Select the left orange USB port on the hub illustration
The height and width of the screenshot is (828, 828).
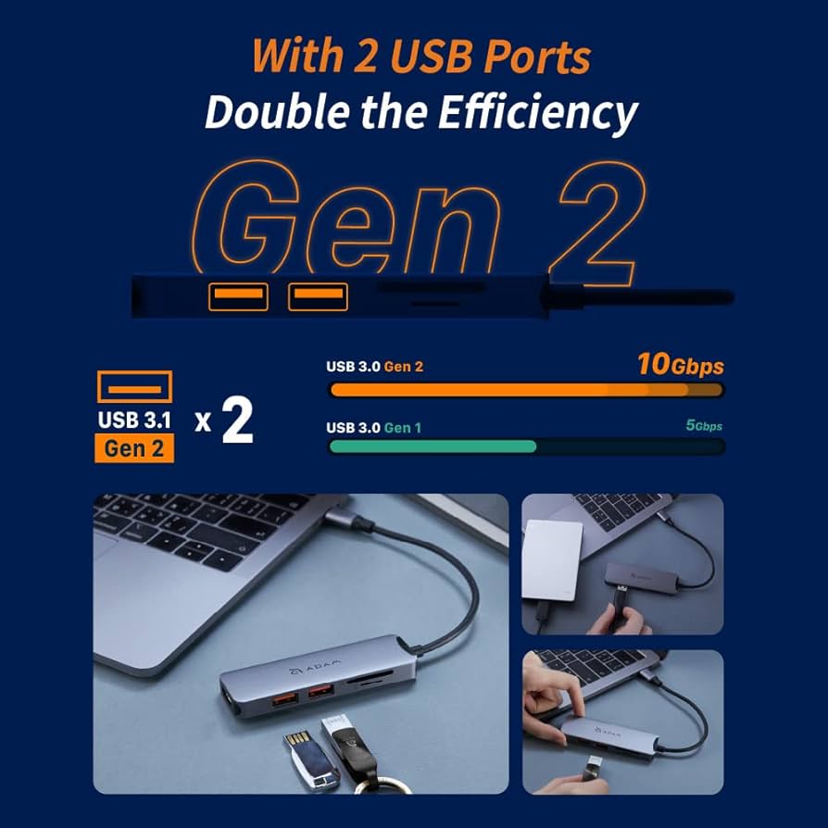point(238,296)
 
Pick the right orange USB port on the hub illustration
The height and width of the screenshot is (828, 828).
point(318,296)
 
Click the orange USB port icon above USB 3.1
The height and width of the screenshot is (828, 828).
point(134,386)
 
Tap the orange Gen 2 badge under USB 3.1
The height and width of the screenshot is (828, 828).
point(134,448)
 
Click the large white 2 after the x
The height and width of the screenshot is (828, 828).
point(237,422)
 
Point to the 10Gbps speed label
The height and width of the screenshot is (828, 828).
point(680,365)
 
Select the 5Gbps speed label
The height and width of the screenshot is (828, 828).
point(703,426)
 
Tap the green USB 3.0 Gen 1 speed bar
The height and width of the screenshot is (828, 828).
point(433,446)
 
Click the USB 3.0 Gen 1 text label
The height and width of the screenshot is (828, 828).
point(373,428)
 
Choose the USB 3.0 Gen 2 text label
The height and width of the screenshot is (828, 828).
point(374,367)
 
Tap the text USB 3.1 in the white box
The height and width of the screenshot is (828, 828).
point(134,420)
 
